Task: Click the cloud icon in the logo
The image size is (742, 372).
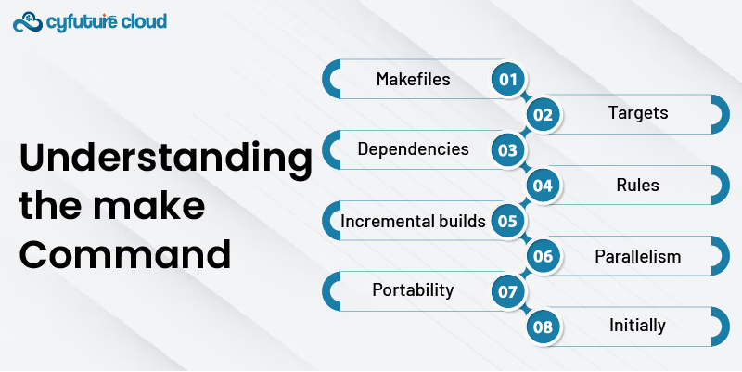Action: coord(28,21)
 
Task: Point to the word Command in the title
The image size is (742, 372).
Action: coord(125,253)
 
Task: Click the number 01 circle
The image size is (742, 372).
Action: coord(507,79)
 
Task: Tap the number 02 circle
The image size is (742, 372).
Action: coord(543,114)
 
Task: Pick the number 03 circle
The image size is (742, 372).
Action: coord(507,150)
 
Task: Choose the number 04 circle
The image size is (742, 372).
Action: coord(543,185)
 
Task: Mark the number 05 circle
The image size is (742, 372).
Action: coord(507,221)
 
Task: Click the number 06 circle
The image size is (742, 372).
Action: coord(543,256)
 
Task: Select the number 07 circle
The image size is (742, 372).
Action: coord(507,291)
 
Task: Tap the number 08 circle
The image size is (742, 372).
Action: coord(543,327)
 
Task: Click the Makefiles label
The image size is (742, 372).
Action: coord(413,79)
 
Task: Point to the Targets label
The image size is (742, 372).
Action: coord(638,113)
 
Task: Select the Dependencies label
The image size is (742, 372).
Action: coord(413,149)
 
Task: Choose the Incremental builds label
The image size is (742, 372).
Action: coord(413,221)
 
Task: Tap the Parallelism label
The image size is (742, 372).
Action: coord(638,256)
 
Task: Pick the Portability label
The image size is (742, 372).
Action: coord(413,290)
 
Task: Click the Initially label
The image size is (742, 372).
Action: coord(637,326)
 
